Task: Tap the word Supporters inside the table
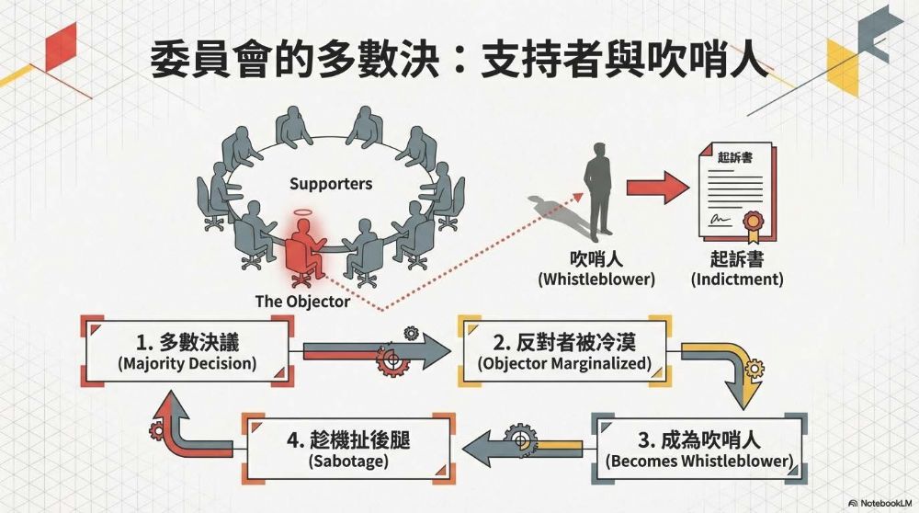(x=331, y=184)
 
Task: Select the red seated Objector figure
(x=303, y=250)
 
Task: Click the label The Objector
(x=302, y=302)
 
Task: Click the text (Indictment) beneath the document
(x=737, y=279)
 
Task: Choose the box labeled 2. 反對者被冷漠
(x=564, y=352)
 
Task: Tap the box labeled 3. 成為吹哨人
(x=698, y=447)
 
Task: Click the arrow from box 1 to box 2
(x=377, y=352)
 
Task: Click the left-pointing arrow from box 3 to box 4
(x=524, y=447)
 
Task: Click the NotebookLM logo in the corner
(x=880, y=504)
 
